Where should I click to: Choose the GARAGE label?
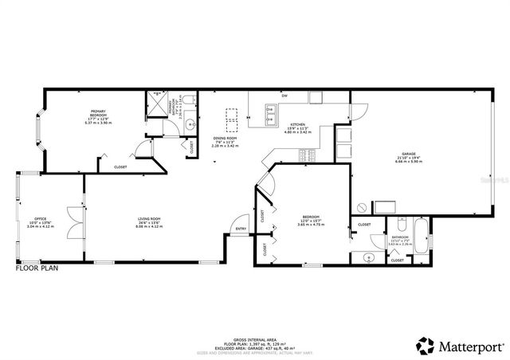point(409,154)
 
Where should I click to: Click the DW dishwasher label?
point(284,97)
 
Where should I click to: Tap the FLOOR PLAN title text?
point(37,268)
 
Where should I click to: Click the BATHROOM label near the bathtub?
point(398,237)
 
